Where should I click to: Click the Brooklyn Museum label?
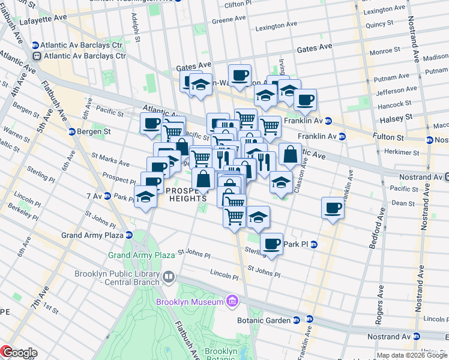(189, 302)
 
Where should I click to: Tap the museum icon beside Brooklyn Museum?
(231, 300)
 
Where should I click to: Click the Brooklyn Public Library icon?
(169, 277)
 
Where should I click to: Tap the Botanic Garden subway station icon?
(298, 320)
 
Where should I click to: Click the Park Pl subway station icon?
(314, 244)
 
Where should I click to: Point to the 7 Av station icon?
(106, 196)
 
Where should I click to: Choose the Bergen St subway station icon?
(72, 131)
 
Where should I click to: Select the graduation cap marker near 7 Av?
(145, 197)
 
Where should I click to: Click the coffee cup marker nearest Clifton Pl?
(240, 75)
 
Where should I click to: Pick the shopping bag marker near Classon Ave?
(290, 154)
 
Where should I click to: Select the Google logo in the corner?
(19, 353)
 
